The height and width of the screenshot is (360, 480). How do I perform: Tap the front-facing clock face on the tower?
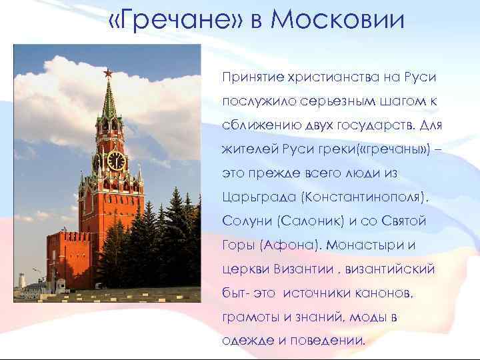[x=115, y=161]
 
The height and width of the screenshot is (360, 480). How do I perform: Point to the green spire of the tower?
[x=109, y=100]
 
